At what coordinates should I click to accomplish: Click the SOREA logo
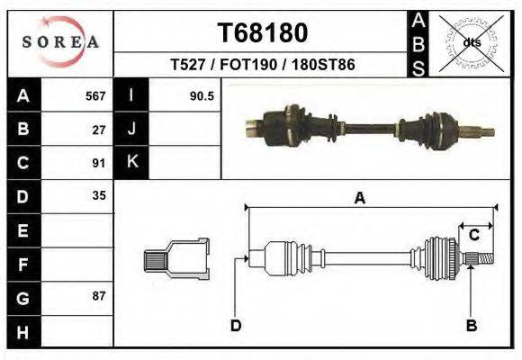point(60,42)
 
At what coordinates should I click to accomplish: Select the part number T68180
point(263,33)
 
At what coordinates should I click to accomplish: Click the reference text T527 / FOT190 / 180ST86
point(263,66)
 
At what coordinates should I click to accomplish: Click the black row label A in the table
point(22,95)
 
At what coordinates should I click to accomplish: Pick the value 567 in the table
point(95,95)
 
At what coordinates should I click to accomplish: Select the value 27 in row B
point(100,129)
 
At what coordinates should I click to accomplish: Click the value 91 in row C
point(100,163)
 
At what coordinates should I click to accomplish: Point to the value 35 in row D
point(100,195)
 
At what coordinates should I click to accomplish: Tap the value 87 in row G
point(100,296)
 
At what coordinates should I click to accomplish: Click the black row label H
point(22,330)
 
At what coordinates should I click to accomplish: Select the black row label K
point(131,163)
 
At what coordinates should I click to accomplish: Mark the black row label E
point(22,229)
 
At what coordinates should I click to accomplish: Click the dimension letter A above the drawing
point(359,199)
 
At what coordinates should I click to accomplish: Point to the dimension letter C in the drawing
point(473,236)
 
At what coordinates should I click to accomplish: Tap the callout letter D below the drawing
point(236,325)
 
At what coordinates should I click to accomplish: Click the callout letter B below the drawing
point(470,325)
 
